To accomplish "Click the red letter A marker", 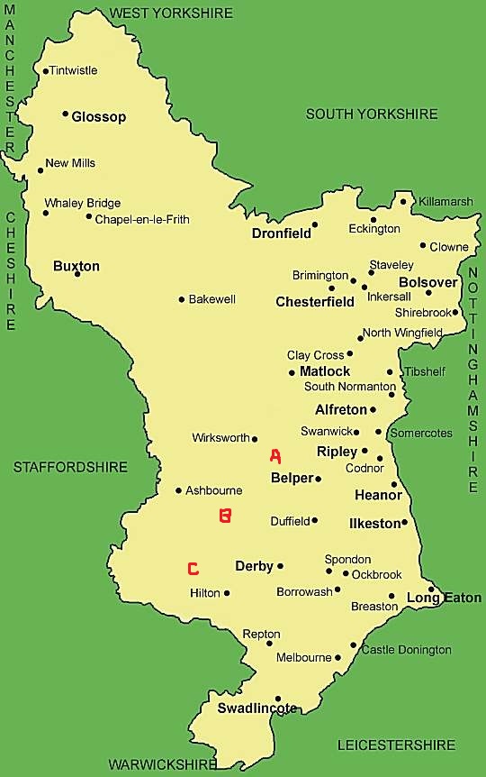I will tap(275, 456).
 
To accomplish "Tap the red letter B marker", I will tap(225, 516).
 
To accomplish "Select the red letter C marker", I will tap(193, 569).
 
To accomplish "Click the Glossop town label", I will tap(99, 117).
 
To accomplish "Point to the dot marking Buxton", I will tap(77, 273).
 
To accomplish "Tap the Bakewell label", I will tap(211, 299).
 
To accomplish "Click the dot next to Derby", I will tap(281, 566).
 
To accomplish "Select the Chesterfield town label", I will tap(315, 302).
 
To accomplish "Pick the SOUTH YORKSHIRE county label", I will tap(372, 114).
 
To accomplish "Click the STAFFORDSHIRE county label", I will tap(70, 467).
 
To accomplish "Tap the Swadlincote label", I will tap(256, 708).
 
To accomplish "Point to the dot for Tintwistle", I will tap(45, 71).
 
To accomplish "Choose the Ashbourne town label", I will tap(213, 490).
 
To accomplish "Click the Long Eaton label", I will tap(444, 598).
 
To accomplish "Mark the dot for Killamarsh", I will tap(404, 201).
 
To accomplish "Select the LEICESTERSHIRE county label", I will tap(396, 745).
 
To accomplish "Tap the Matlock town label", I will tap(325, 371).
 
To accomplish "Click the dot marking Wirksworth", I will tap(255, 439).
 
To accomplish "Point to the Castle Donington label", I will tap(406, 650).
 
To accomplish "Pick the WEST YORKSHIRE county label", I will tap(171, 13).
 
